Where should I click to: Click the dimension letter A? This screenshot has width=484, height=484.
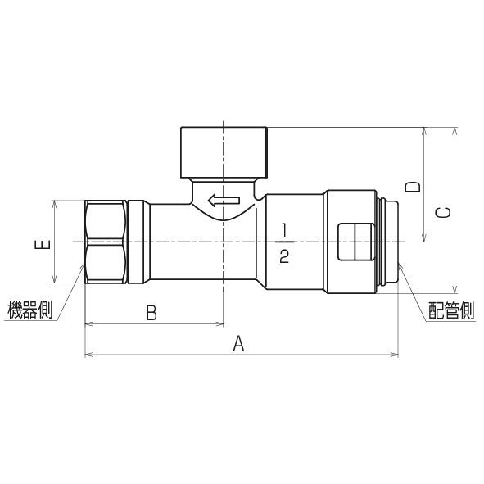point(239,344)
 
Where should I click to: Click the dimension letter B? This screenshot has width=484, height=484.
point(152,312)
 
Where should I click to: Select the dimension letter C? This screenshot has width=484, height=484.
point(443,212)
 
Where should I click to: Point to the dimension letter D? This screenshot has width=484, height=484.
point(414,186)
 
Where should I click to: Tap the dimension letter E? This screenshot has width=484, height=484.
point(44,243)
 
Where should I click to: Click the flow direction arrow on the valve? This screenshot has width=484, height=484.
point(223,199)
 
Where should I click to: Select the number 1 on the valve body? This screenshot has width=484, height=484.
point(284,228)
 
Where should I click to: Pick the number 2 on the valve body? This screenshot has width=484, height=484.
point(284,256)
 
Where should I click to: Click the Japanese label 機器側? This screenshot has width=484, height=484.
point(30,311)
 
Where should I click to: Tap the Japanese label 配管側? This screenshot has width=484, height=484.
point(451,311)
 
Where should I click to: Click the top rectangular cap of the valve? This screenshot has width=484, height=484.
point(223,151)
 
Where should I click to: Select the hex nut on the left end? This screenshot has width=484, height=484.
point(106,242)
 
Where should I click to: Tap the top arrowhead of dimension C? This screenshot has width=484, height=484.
point(455,131)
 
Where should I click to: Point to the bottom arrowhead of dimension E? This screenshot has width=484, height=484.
point(54,280)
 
